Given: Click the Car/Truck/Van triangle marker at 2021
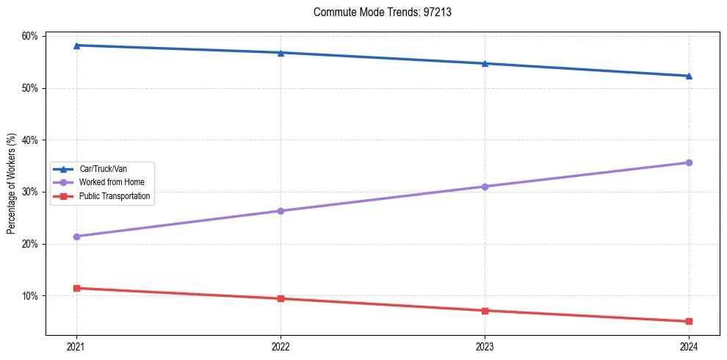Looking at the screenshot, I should [76, 46].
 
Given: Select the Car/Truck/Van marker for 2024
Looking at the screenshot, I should [689, 76].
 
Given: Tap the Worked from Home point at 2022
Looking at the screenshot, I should [281, 211].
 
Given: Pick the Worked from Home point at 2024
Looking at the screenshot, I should [689, 162].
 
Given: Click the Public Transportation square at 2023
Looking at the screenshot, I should [485, 311].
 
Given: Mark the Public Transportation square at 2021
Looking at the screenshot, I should [76, 288].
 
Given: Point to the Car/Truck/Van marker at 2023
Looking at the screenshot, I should [485, 63].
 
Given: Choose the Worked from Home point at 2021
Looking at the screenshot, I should [76, 237].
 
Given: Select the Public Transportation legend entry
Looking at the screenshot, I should [115, 196].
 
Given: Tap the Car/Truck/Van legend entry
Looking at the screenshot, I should [104, 169].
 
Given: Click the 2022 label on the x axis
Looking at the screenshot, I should [281, 346].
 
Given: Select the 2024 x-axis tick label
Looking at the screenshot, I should [689, 346].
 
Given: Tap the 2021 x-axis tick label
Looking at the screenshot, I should [76, 346].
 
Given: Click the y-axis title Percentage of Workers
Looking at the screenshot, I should [11, 184].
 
